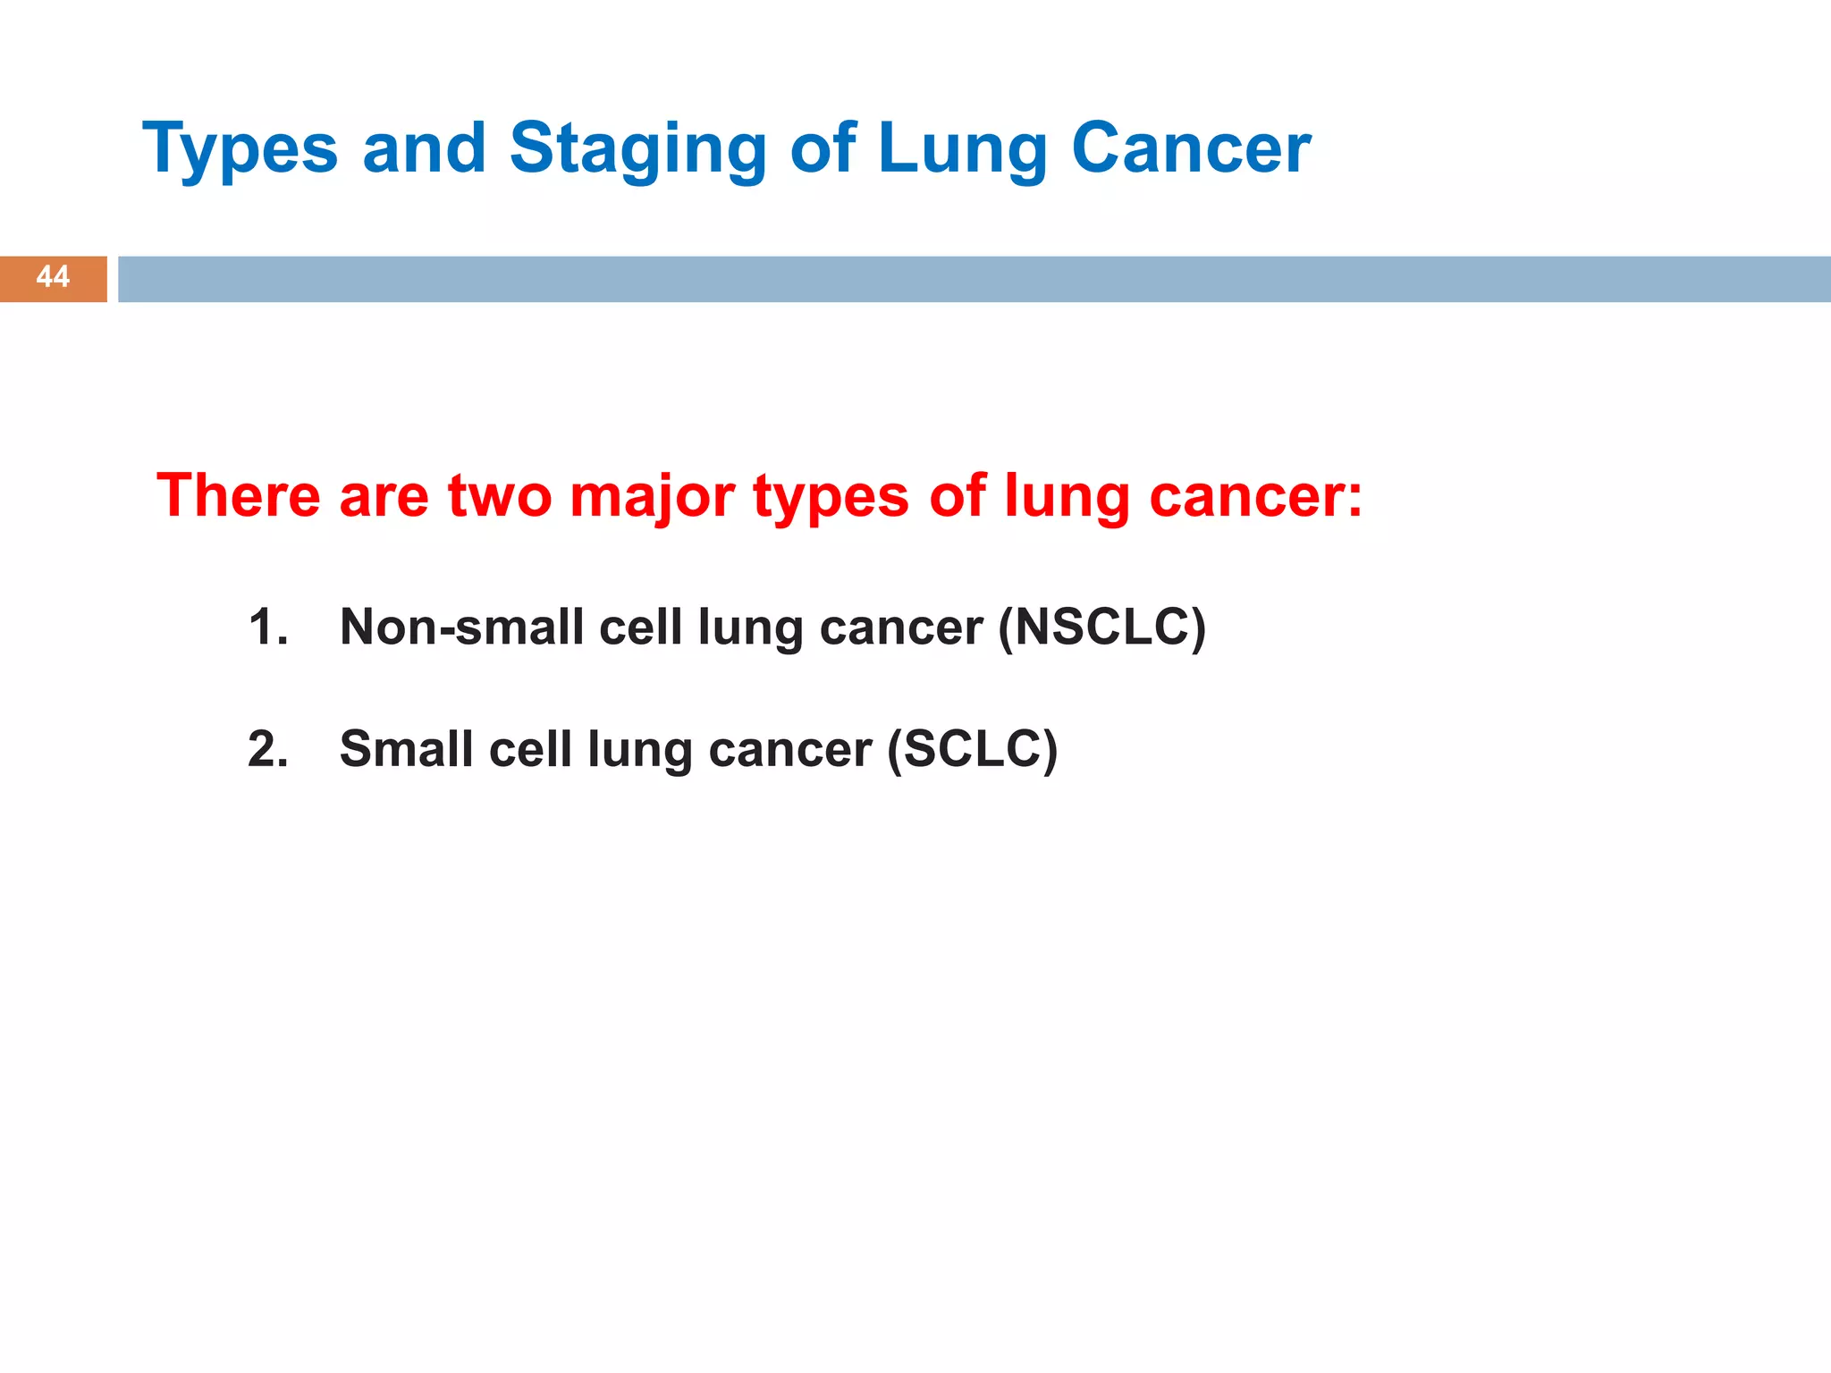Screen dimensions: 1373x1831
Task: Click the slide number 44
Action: pos(53,277)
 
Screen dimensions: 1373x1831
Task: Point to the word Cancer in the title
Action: pos(1191,148)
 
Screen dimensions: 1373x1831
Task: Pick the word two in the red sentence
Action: pos(500,496)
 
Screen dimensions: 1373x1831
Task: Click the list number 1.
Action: pos(267,628)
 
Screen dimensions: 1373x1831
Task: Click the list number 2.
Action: pos(267,749)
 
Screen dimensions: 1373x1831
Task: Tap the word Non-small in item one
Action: pos(462,628)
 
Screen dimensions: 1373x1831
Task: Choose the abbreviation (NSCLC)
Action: pos(1102,628)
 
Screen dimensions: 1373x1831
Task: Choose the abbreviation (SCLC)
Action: pos(973,749)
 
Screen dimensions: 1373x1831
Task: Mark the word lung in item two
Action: pos(639,751)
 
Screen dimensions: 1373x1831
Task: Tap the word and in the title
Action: pos(424,148)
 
